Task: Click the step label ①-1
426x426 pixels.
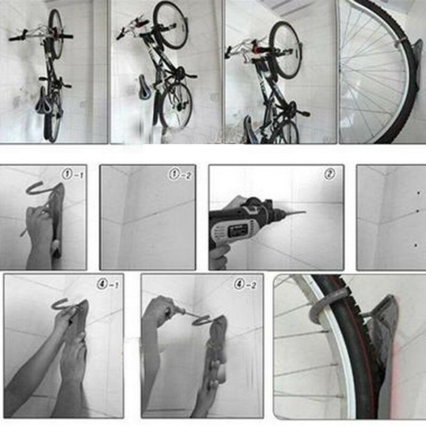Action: [72, 175]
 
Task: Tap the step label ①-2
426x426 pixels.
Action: [179, 175]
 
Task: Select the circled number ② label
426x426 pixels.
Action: [329, 173]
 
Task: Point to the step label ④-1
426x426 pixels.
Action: [108, 283]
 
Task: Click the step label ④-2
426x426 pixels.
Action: [246, 283]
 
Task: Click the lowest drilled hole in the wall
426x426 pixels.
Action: [416, 245]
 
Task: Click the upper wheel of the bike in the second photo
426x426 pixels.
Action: [170, 26]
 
